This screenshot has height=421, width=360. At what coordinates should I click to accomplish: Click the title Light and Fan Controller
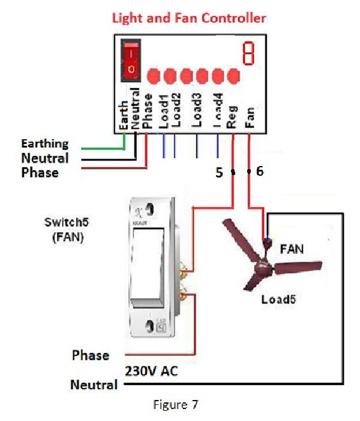click(x=188, y=18)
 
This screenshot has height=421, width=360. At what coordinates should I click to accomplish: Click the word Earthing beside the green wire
click(x=45, y=144)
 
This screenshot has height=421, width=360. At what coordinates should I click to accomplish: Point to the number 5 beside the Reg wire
click(x=220, y=173)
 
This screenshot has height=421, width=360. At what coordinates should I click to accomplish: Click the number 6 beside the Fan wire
click(x=259, y=172)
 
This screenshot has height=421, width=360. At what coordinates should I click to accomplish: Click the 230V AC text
click(x=151, y=371)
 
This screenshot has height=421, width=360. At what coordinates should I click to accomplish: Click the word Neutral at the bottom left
click(x=94, y=384)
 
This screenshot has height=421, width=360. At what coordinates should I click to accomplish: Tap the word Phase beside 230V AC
click(x=91, y=355)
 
